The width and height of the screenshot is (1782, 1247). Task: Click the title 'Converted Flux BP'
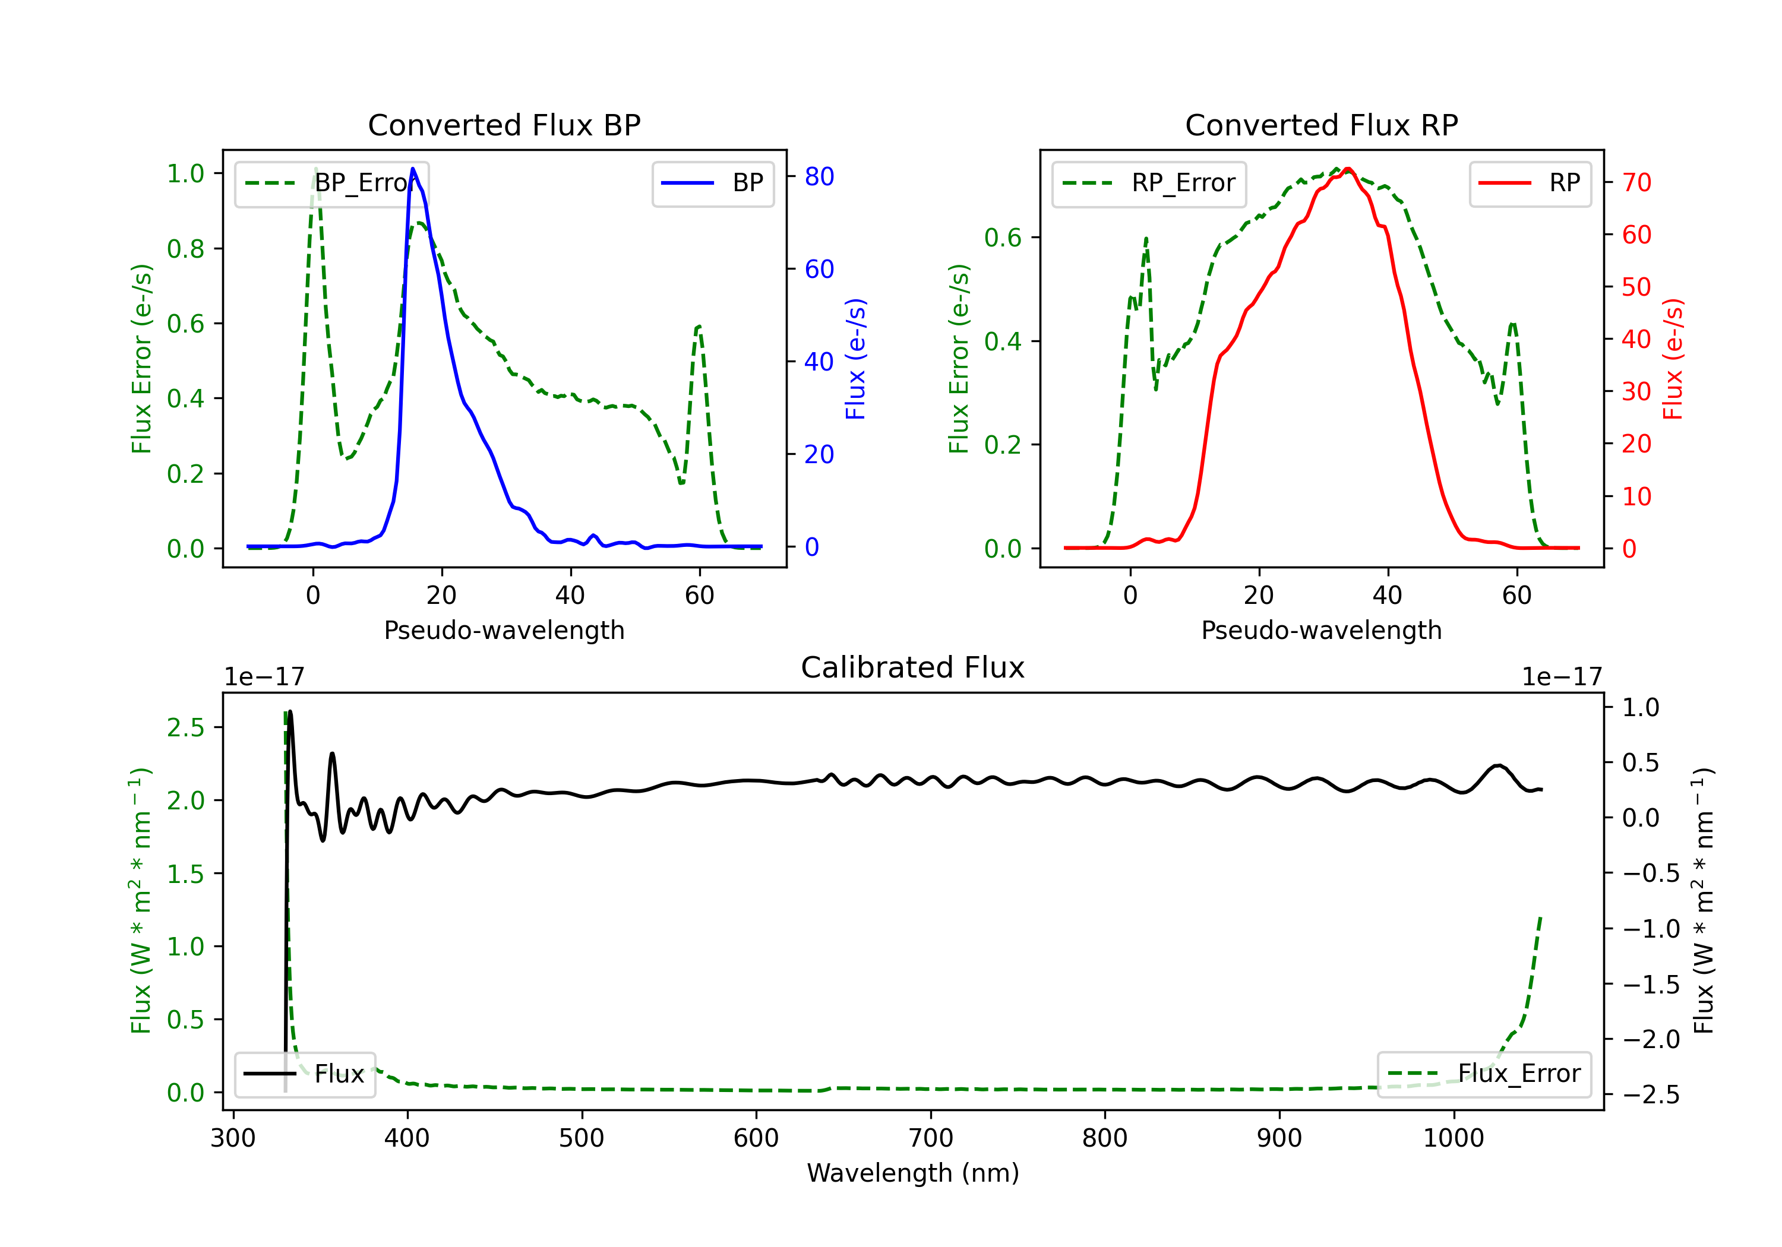(504, 125)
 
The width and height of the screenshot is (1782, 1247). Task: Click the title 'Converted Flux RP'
(1321, 125)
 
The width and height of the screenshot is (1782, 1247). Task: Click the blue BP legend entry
(712, 183)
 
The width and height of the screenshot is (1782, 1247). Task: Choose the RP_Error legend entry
(1149, 183)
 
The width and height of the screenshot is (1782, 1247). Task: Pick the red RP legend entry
(1530, 183)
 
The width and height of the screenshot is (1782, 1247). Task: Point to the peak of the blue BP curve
(413, 169)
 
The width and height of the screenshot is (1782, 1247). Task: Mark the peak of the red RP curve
(1348, 169)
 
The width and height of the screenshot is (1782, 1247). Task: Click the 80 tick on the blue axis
(819, 177)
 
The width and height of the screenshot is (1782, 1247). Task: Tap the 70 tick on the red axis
(1636, 182)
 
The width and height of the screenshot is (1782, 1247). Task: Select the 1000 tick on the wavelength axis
(1453, 1138)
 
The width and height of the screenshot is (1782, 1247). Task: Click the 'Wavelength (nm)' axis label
(913, 1173)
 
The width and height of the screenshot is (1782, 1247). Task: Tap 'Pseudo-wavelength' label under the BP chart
(504, 630)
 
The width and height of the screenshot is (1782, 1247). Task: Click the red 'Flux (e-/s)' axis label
(1673, 359)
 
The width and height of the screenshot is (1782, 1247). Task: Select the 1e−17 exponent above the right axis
(1562, 678)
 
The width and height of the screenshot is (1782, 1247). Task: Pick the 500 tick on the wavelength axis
(582, 1138)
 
